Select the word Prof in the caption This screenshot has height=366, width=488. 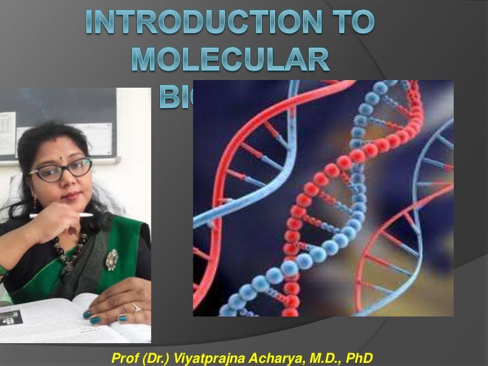pyautogui.click(x=125, y=353)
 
